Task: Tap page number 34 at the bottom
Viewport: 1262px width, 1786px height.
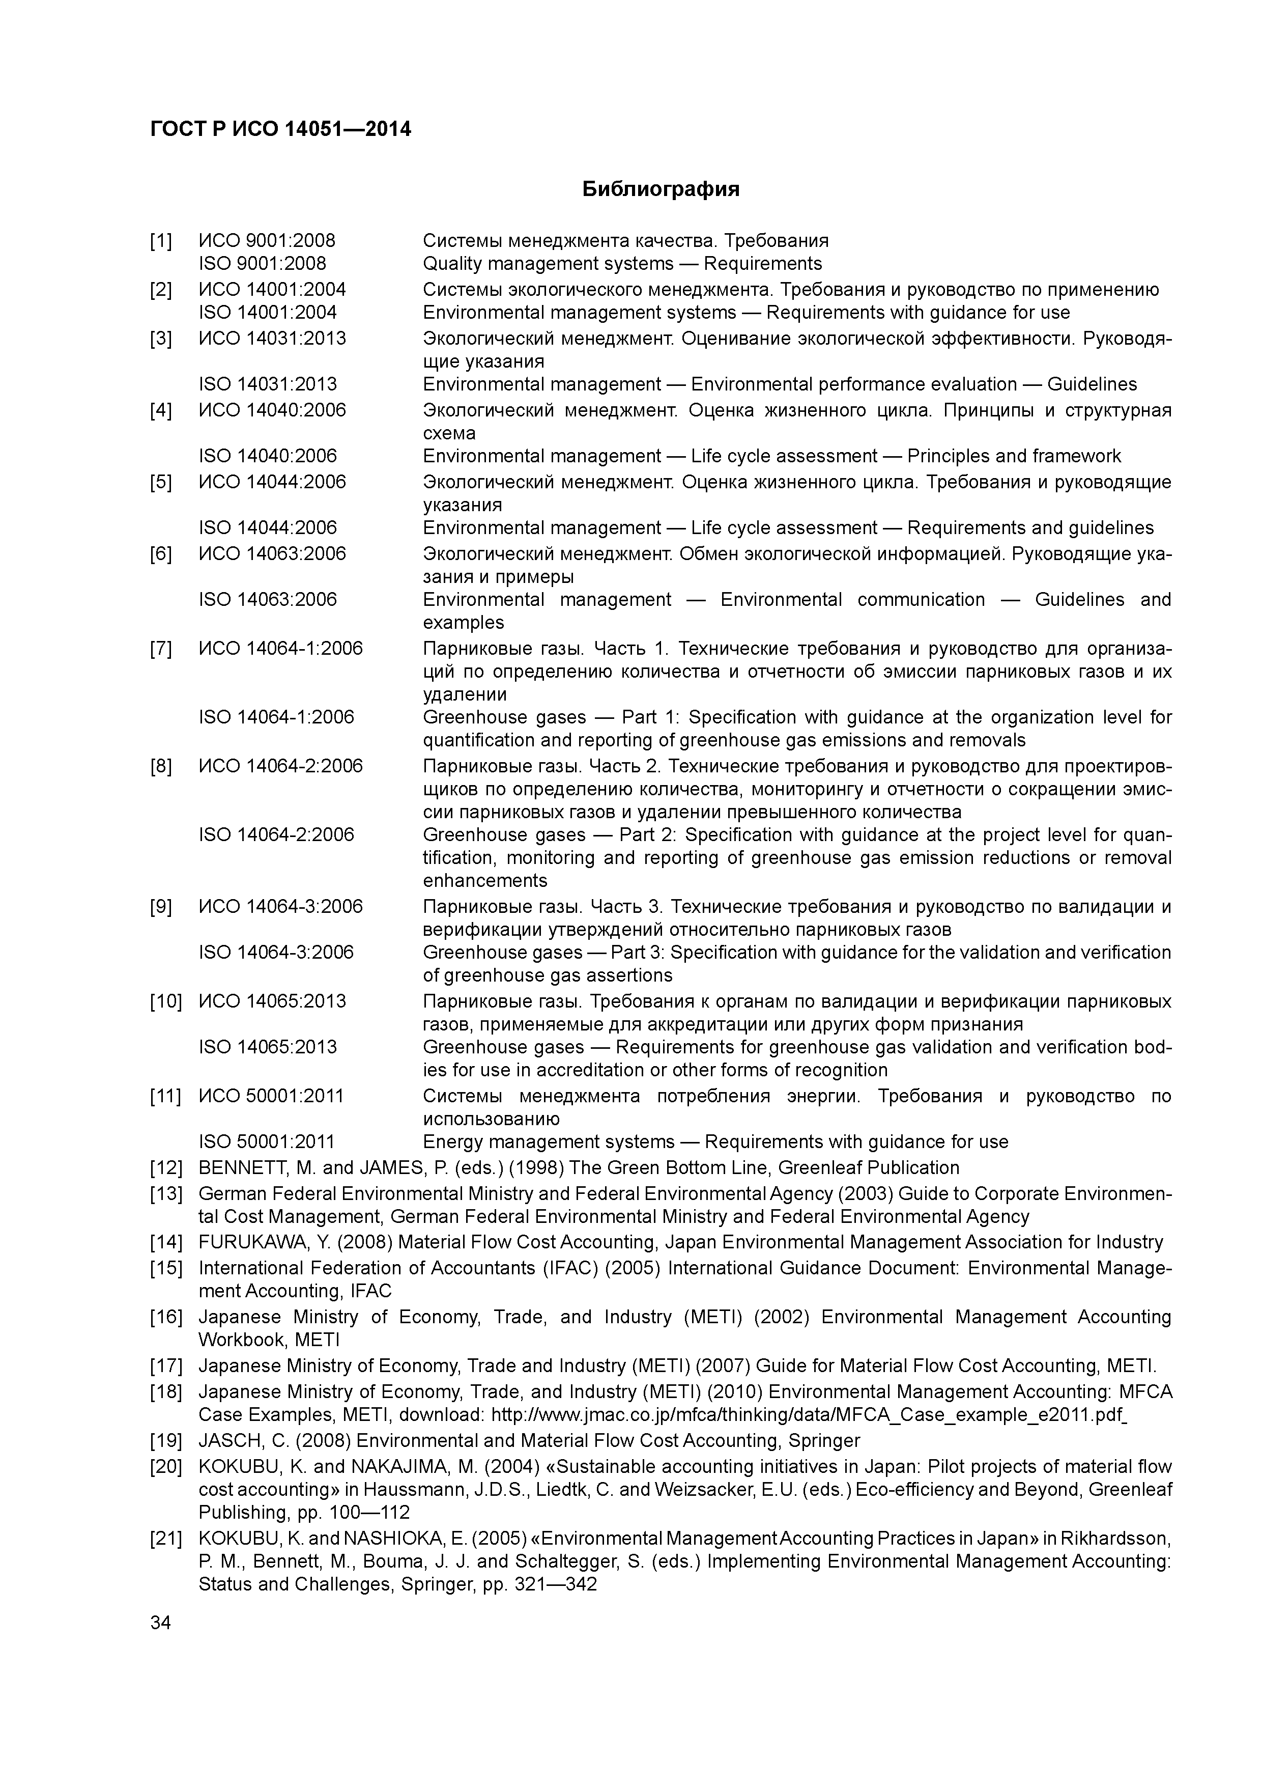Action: pos(160,1623)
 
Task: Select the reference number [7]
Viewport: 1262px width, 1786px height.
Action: pos(160,649)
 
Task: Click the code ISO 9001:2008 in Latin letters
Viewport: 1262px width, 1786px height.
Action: pos(262,264)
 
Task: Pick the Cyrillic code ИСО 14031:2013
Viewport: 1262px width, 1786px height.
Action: pos(272,339)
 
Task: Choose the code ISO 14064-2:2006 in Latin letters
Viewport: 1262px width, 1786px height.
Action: pos(276,834)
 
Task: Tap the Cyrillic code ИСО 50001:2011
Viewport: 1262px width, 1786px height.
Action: pos(271,1096)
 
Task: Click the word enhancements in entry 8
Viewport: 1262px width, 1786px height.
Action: pos(484,881)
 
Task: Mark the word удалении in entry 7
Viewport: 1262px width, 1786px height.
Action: pos(464,694)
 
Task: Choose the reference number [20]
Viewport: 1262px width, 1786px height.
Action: pos(165,1467)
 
